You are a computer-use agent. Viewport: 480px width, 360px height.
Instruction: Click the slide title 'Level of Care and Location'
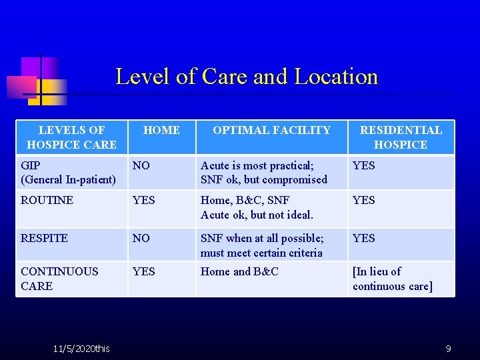(x=247, y=77)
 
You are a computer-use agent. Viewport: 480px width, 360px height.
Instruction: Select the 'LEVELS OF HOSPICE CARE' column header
(x=71, y=137)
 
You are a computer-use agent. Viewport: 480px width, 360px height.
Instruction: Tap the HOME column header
(x=161, y=131)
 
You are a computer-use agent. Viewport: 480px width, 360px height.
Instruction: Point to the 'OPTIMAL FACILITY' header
(x=271, y=131)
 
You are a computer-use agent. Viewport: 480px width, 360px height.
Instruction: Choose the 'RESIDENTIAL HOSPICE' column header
(x=401, y=137)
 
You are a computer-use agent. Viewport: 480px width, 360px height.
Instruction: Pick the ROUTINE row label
(x=47, y=200)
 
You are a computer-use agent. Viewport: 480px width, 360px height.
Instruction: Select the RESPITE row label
(x=44, y=238)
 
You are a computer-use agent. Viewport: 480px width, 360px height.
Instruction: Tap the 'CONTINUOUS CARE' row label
(x=59, y=279)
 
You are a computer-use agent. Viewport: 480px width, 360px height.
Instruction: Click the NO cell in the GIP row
(x=141, y=165)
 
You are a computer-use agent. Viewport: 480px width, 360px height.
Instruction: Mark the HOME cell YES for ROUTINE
(x=143, y=200)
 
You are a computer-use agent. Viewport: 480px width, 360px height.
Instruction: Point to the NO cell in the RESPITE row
(x=141, y=238)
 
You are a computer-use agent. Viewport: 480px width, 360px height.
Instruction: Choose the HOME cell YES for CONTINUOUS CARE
(x=143, y=271)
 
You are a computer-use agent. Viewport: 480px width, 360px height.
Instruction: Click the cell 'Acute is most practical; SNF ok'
(x=264, y=172)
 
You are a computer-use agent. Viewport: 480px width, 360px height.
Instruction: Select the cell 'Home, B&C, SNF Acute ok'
(x=257, y=207)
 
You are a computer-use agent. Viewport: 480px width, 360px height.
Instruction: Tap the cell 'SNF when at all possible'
(x=262, y=245)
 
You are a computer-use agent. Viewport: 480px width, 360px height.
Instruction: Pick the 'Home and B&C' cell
(x=239, y=271)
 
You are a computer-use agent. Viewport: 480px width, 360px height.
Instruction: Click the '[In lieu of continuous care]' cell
(x=392, y=279)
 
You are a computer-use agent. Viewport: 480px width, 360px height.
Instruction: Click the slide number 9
(x=449, y=349)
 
